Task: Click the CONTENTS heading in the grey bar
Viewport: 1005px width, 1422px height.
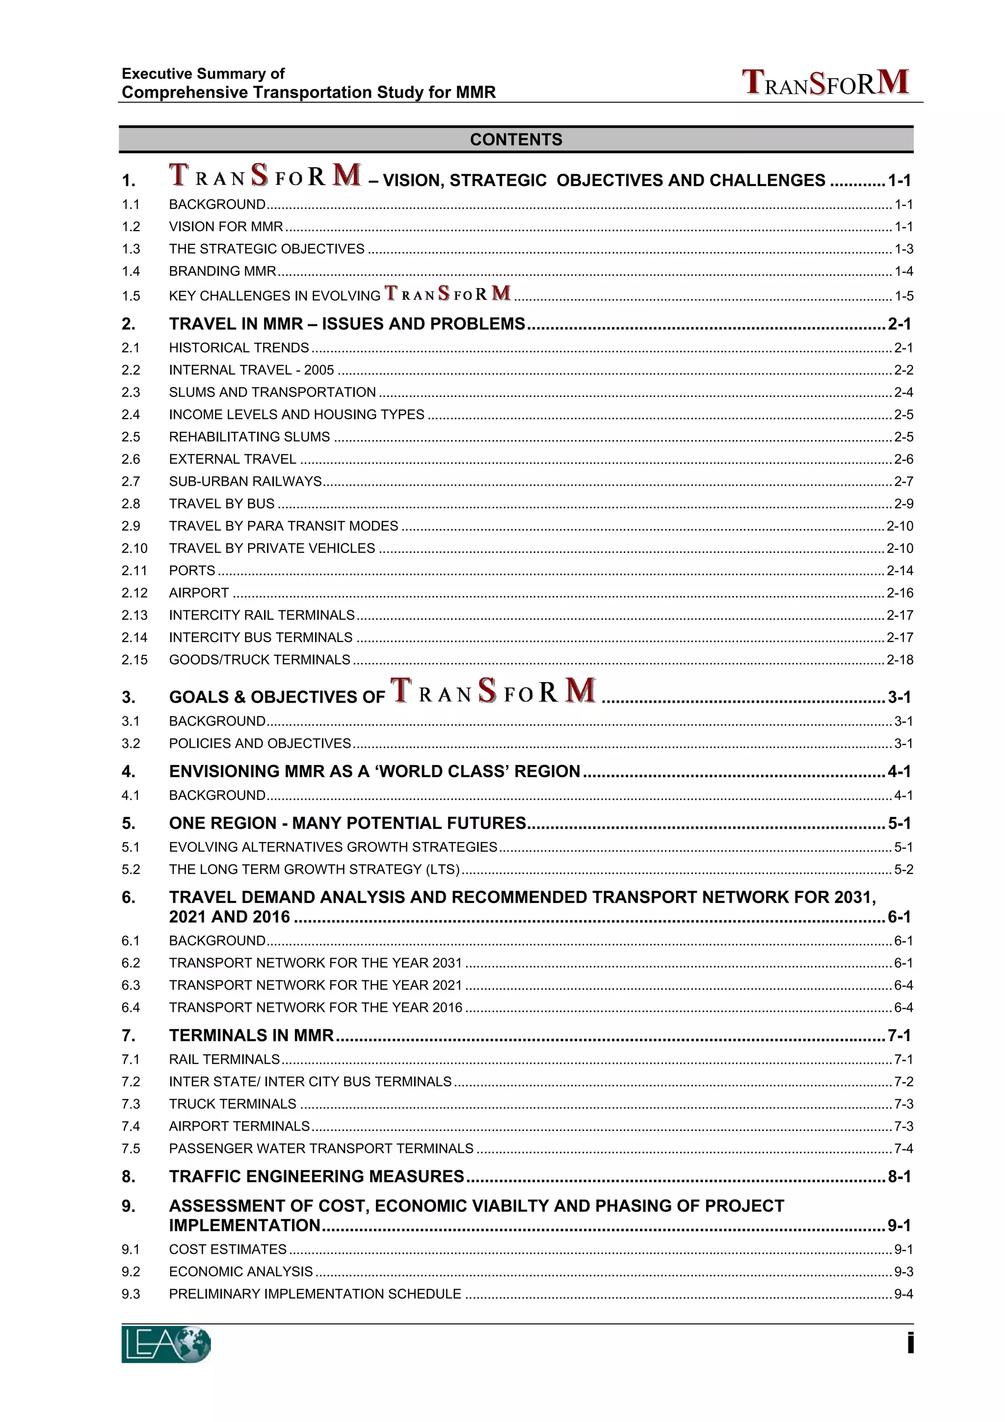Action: [x=515, y=139]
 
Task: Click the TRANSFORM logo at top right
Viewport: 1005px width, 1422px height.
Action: [x=825, y=83]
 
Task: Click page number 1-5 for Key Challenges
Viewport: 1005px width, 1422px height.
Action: [x=903, y=296]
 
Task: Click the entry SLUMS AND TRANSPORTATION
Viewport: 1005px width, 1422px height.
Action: [x=272, y=392]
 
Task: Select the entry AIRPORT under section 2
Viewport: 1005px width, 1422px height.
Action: [x=199, y=593]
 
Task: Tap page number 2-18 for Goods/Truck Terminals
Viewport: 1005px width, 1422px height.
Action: [x=899, y=659]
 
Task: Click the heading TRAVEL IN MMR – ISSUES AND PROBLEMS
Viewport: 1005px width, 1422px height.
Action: [x=347, y=324]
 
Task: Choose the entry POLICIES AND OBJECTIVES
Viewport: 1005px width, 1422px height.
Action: [x=260, y=743]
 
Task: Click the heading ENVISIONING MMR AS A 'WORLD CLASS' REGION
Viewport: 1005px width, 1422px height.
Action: [x=374, y=771]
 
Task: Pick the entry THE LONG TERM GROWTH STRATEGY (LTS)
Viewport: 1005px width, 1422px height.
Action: [x=314, y=869]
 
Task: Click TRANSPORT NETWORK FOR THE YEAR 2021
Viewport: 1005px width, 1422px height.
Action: [x=315, y=985]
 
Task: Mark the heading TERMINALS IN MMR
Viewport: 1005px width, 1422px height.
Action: [x=251, y=1035]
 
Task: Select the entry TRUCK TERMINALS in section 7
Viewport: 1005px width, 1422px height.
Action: [x=232, y=1104]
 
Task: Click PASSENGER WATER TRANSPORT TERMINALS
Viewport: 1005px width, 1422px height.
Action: [x=321, y=1148]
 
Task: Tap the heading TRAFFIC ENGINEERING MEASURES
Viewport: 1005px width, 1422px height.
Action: [x=316, y=1176]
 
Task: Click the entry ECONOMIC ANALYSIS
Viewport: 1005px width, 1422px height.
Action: [x=240, y=1271]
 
